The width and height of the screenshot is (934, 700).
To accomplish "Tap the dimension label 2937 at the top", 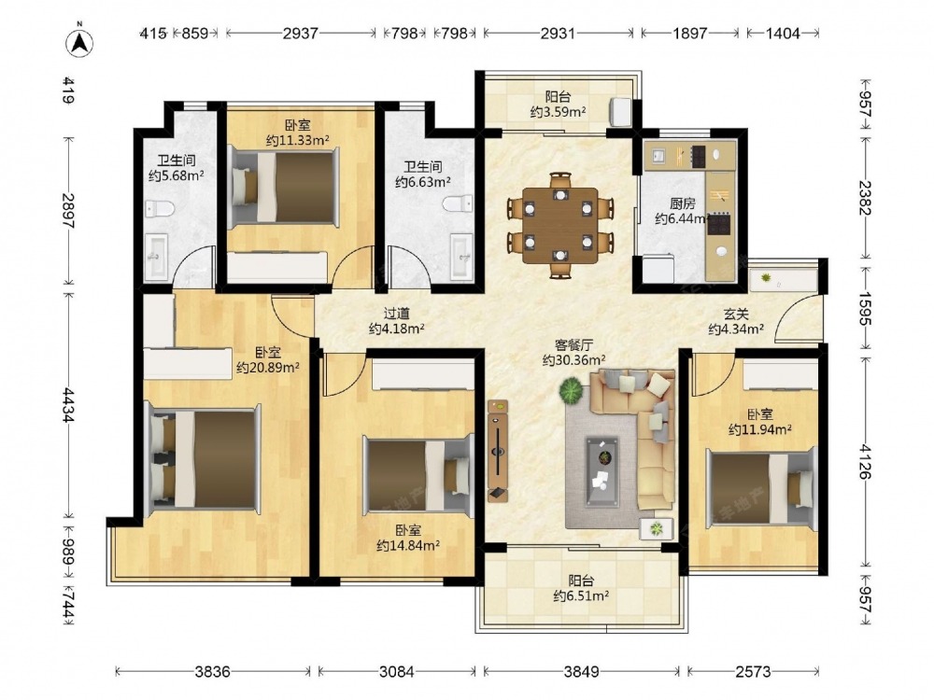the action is (x=300, y=34).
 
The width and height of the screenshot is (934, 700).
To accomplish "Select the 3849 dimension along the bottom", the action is (x=581, y=672).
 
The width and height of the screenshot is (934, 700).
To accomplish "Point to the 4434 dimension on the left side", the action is (x=70, y=405).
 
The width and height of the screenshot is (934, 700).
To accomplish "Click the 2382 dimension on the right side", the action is (x=865, y=198).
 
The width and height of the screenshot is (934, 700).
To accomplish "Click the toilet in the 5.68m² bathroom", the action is (x=159, y=209).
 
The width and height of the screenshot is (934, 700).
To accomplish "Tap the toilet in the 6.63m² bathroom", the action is (x=458, y=203).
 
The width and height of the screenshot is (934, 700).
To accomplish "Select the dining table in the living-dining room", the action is (x=559, y=225).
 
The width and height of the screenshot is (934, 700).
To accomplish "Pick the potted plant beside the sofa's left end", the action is (x=572, y=390).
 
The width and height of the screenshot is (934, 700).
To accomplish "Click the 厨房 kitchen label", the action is (x=682, y=204).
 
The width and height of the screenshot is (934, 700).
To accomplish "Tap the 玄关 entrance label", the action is (x=736, y=314).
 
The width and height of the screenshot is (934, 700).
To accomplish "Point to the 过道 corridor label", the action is (x=396, y=313).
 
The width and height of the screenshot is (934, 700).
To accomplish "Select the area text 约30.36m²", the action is (x=574, y=360).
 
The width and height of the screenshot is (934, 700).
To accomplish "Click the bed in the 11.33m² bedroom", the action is (x=285, y=187).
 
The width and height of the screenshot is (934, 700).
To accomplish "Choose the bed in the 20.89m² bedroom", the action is (x=203, y=458).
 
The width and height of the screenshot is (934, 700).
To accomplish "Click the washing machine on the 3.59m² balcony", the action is (x=619, y=112).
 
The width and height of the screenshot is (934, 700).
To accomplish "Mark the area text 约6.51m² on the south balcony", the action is (x=581, y=595).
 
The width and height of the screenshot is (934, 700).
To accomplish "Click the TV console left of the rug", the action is (x=498, y=451).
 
